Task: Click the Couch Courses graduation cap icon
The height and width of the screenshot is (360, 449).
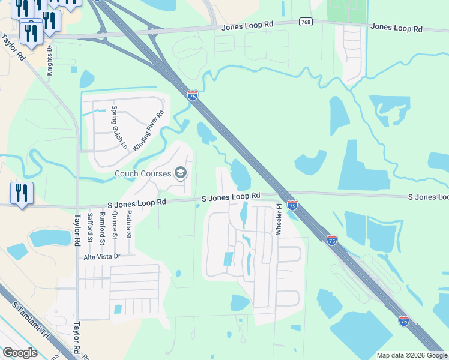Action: (x=180, y=174)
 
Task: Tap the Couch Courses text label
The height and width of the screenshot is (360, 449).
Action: (x=143, y=174)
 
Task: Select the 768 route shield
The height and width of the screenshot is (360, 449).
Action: (x=306, y=22)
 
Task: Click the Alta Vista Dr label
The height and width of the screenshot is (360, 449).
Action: (x=102, y=256)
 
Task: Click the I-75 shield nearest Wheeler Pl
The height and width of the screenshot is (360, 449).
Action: (x=292, y=205)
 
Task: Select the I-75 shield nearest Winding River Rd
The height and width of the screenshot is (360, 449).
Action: (x=193, y=96)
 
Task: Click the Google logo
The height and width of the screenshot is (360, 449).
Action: (x=20, y=353)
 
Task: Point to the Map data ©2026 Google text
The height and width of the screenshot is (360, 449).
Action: (x=412, y=355)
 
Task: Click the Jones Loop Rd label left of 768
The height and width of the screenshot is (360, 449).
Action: (x=247, y=26)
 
